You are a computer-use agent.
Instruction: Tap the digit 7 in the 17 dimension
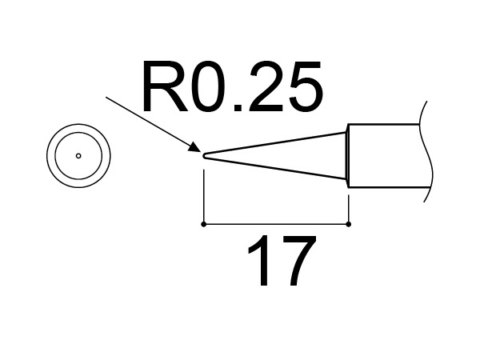click(294, 263)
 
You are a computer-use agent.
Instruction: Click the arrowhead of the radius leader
click(194, 147)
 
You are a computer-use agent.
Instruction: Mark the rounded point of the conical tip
click(206, 156)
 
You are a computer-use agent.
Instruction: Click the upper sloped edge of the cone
click(276, 143)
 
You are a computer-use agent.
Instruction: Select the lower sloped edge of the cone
click(276, 169)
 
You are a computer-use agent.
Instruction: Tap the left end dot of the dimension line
click(205, 224)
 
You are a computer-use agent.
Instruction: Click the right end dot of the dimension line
click(349, 224)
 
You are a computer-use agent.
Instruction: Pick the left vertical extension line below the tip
click(205, 192)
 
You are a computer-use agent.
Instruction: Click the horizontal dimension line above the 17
click(276, 224)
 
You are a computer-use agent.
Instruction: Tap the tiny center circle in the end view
click(78, 155)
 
